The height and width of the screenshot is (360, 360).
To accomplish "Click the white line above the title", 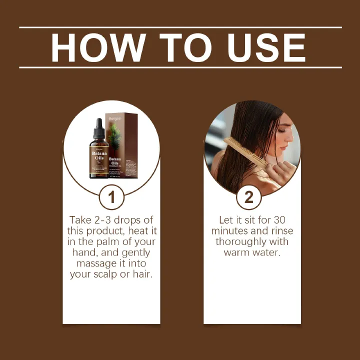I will point(180,27).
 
